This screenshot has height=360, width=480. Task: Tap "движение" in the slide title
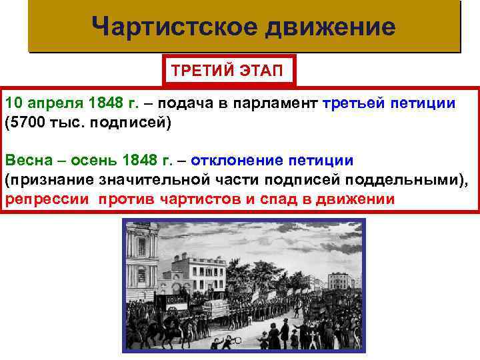coord(331,27)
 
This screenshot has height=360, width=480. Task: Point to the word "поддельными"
coord(407,180)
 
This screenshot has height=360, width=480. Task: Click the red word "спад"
coord(271,199)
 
